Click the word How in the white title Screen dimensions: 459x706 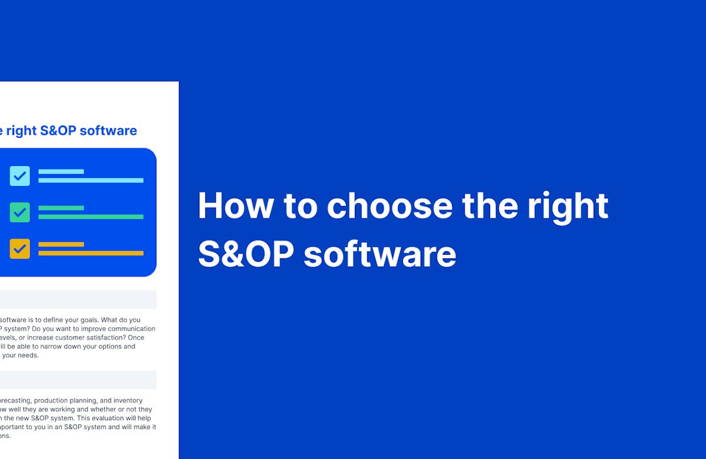tap(235, 205)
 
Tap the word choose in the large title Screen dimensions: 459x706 tap(389, 205)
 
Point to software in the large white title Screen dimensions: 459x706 tap(379, 254)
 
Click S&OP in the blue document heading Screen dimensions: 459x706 tap(58, 131)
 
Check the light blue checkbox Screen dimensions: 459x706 tap(20, 176)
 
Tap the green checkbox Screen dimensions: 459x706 tap(20, 212)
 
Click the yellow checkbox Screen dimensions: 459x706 tap(20, 249)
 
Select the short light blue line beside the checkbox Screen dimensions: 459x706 tap(61, 172)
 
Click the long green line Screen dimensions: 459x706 tap(91, 217)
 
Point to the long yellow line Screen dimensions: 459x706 tap(91, 253)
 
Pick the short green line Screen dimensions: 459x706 tap(61, 208)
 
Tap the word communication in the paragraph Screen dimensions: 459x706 tap(127, 329)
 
